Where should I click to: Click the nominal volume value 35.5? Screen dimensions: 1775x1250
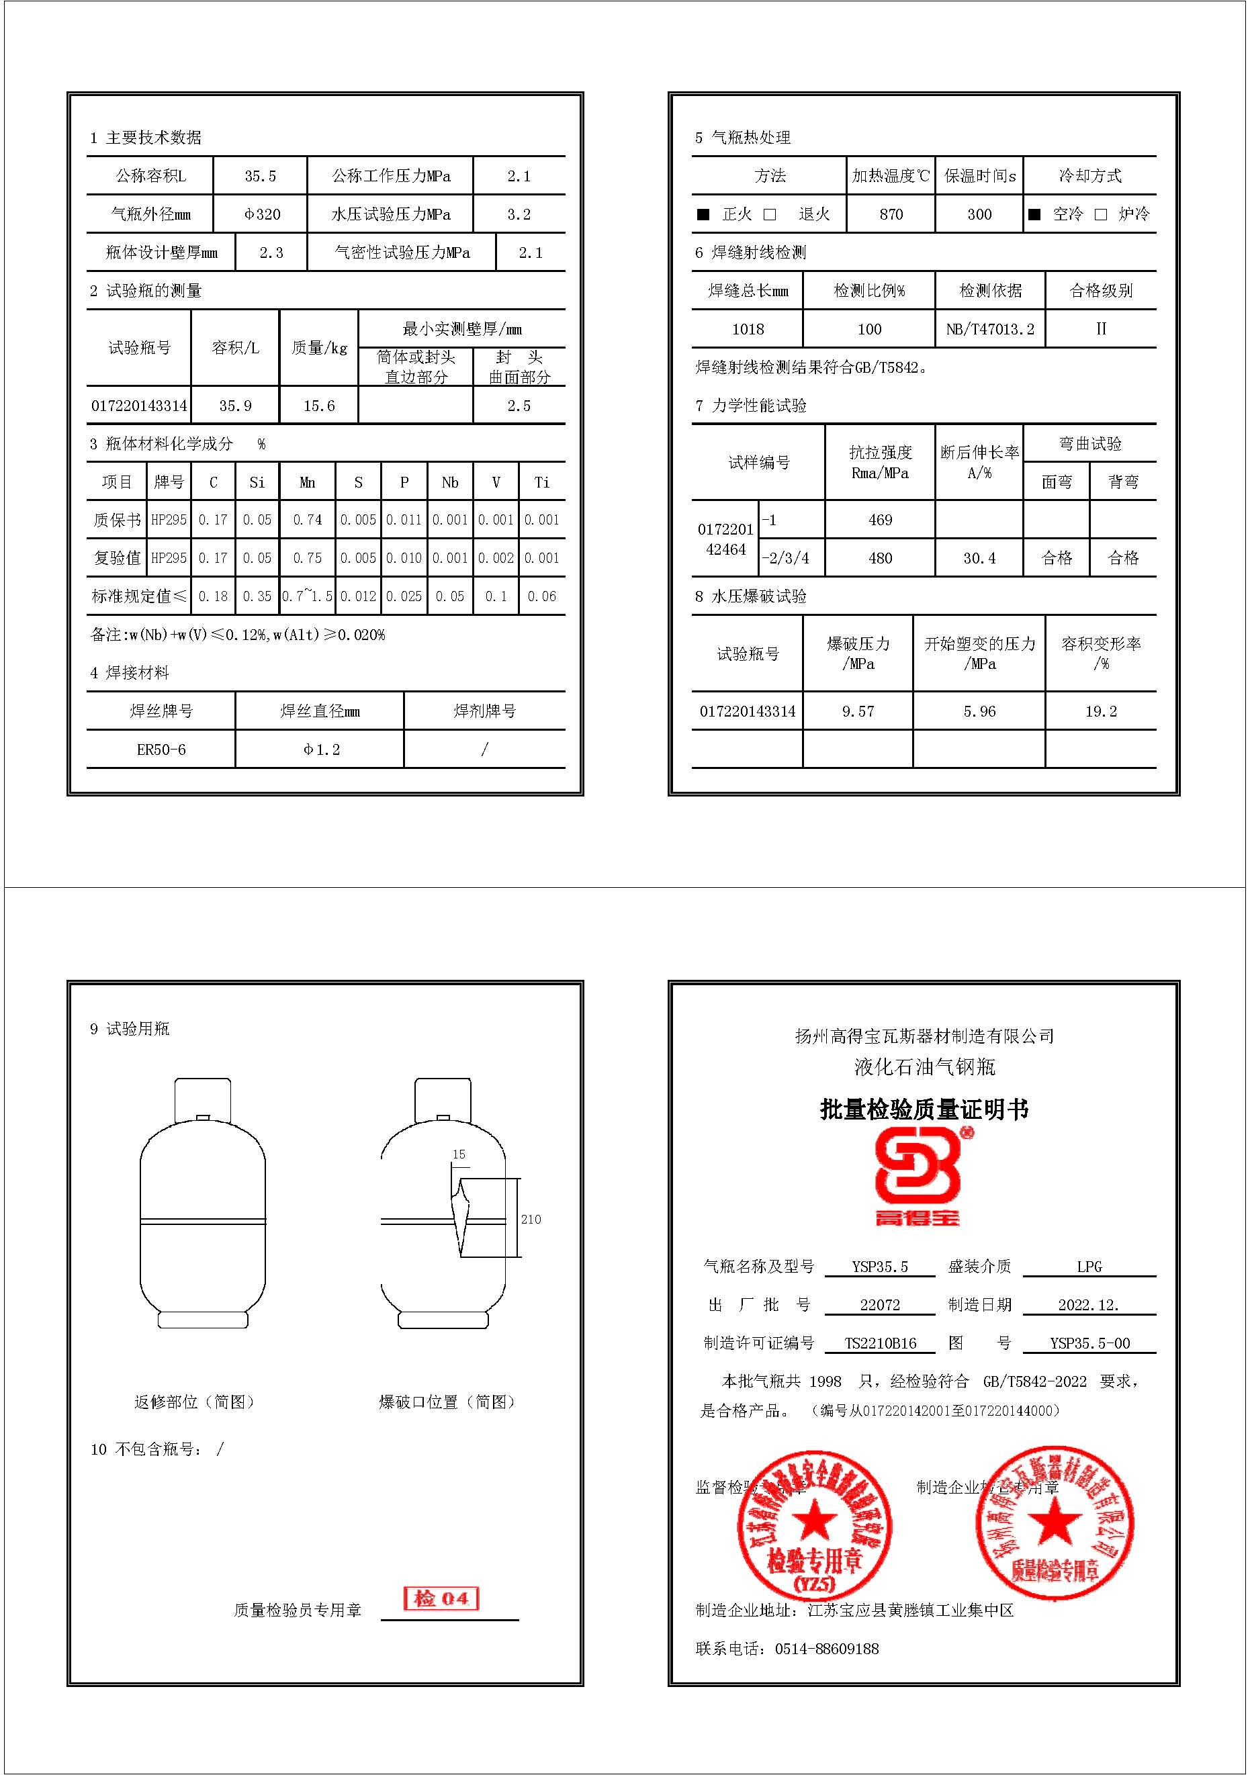tap(260, 176)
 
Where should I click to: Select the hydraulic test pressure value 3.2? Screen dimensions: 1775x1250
tap(519, 214)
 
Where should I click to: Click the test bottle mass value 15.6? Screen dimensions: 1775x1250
tap(318, 406)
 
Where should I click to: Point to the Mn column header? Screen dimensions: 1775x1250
tap(307, 482)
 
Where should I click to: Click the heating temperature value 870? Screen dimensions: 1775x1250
tap(891, 214)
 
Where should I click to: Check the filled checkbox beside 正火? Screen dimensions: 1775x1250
tap(703, 214)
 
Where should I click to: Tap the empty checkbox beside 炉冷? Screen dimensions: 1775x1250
tap(1101, 214)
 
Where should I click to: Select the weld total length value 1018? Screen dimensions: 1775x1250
tap(748, 329)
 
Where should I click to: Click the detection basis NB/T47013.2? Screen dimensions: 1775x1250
tap(989, 329)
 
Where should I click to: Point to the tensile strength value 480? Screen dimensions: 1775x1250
tap(880, 558)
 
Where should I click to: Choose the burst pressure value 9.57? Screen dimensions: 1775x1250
tap(858, 711)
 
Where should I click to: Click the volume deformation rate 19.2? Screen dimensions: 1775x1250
tap(1101, 711)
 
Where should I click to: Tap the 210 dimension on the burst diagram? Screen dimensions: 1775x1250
tap(531, 1219)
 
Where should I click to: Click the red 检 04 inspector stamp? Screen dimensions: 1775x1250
tap(441, 1598)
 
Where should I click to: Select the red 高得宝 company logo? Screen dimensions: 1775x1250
tap(918, 1177)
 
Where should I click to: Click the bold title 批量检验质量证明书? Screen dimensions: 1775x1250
tap(924, 1109)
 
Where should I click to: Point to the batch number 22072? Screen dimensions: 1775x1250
tap(880, 1305)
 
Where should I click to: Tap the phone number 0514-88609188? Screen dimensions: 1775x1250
tap(826, 1649)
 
